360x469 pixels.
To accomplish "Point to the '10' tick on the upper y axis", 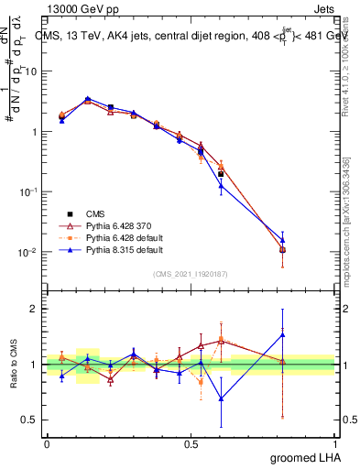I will click(x=30, y=71).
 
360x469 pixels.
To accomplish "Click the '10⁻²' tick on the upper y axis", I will click(x=27, y=252).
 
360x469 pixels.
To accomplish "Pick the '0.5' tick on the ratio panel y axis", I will click(x=30, y=421).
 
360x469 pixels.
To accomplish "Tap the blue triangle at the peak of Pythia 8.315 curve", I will click(x=87, y=98).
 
